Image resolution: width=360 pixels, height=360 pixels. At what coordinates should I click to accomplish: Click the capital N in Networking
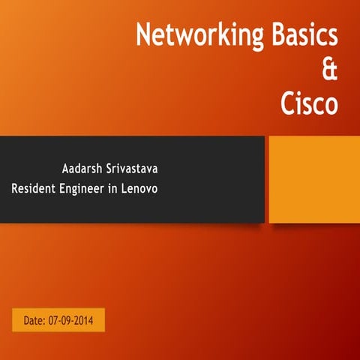click(142, 35)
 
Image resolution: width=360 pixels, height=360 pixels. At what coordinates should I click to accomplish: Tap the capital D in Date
click(27, 320)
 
